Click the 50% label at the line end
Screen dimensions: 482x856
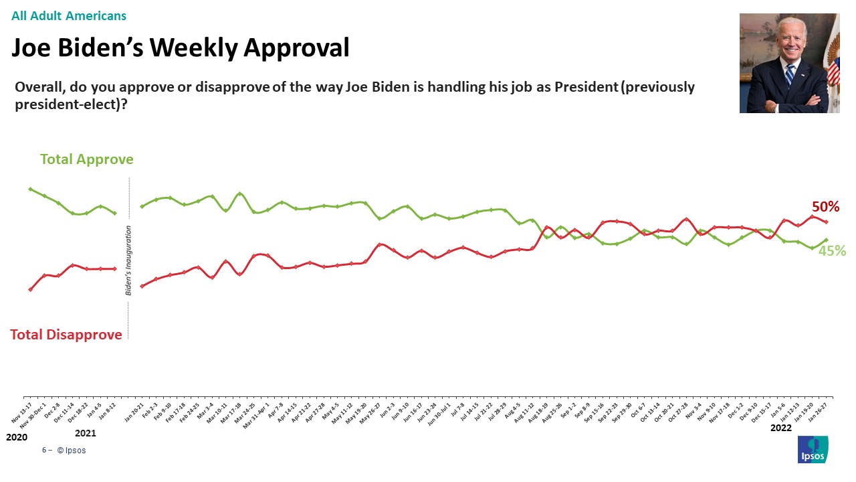coord(825,207)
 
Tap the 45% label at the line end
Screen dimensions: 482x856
coord(832,251)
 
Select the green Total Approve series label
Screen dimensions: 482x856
coord(87,159)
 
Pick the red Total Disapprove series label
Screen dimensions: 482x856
coord(66,335)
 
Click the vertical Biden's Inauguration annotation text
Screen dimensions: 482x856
coord(128,260)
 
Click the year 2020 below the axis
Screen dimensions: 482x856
coord(17,437)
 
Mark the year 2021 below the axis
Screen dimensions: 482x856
coord(86,433)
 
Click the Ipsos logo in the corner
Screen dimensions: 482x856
coord(813,449)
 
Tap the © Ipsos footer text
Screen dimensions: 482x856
coord(72,451)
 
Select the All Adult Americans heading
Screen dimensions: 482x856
coord(69,16)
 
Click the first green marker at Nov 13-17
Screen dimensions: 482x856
coord(30,189)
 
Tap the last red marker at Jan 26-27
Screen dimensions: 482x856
coord(827,222)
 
